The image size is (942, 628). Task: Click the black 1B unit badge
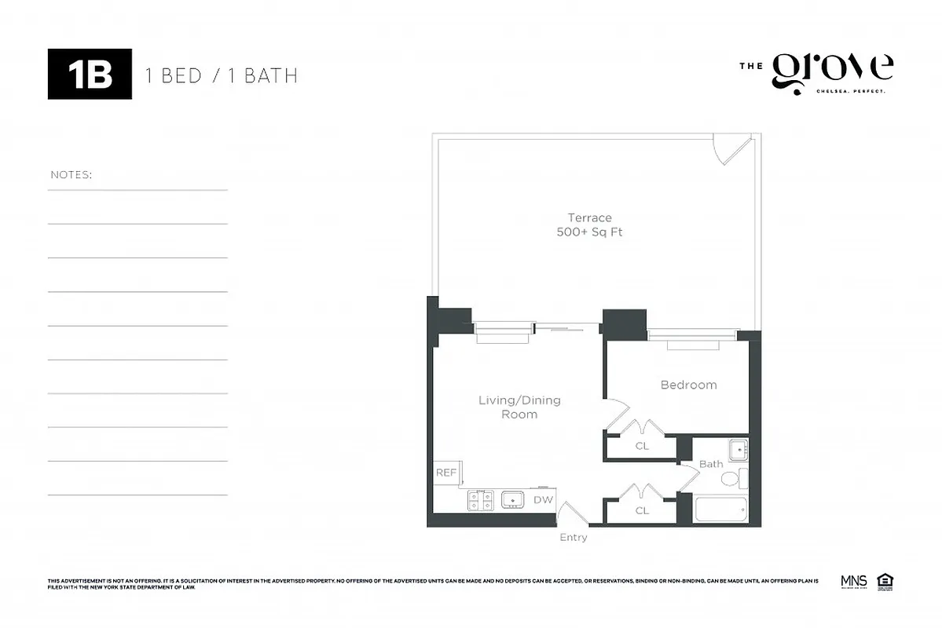click(90, 74)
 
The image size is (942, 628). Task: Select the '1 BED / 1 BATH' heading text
click(221, 75)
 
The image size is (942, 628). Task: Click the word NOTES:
click(71, 174)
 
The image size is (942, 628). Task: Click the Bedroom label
click(688, 385)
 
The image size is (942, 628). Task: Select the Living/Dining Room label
click(519, 407)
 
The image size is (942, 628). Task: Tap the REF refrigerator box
click(446, 473)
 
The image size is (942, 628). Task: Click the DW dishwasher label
click(542, 499)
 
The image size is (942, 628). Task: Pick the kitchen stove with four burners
click(480, 500)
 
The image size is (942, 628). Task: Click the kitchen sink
click(513, 499)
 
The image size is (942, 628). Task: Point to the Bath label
click(710, 464)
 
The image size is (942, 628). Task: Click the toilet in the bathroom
click(730, 478)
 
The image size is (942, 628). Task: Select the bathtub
click(720, 509)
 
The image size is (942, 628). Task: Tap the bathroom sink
click(737, 450)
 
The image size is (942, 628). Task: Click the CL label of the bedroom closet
click(642, 446)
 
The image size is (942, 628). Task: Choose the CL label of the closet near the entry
click(642, 510)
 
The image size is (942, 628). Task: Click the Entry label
click(573, 537)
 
